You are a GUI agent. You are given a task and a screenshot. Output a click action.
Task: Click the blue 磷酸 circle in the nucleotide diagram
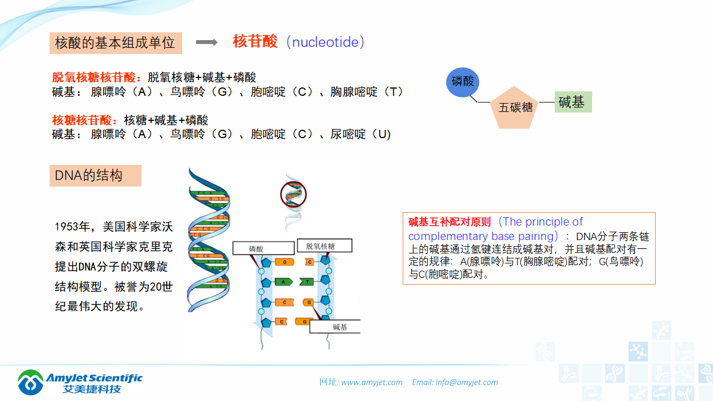point(462,81)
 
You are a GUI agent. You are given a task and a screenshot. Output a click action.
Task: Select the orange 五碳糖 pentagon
point(515,108)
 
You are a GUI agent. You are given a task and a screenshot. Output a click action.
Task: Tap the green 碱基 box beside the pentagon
point(573,102)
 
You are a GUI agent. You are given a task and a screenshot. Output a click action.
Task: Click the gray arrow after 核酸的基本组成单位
point(207,42)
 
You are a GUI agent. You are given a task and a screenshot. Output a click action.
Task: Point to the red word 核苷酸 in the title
point(255,42)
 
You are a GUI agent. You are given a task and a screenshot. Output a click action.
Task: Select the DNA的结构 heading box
point(95,175)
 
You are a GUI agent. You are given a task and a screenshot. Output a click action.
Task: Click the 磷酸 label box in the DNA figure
point(263,248)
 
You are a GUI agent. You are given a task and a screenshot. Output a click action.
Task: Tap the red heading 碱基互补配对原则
point(450,222)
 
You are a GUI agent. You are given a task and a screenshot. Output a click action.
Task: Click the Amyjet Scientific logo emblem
point(31,382)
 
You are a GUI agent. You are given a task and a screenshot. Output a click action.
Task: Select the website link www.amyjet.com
point(372,382)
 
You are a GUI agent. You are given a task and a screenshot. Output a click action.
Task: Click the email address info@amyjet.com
point(467,382)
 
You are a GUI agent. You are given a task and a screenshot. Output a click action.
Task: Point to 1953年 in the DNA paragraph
point(72,227)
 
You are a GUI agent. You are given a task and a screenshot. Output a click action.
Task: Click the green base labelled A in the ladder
point(284,282)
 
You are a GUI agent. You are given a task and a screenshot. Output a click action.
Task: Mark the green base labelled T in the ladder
point(307,282)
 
